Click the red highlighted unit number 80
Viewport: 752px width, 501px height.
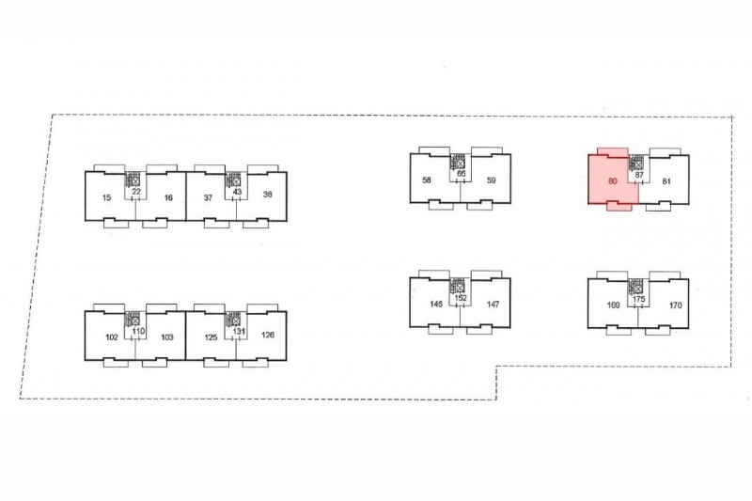tap(612, 181)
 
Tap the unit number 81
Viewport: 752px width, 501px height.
tap(666, 181)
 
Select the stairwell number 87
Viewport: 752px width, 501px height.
tap(639, 175)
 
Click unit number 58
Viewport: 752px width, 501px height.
tap(427, 180)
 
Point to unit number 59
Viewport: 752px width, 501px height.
tap(491, 180)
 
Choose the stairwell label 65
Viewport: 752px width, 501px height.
tap(461, 173)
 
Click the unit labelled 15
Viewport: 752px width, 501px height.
tap(106, 197)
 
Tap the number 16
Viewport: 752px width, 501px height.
tap(168, 197)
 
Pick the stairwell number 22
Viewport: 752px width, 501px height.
tap(136, 192)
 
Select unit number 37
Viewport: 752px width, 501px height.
tap(208, 197)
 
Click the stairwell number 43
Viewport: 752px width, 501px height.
tap(237, 192)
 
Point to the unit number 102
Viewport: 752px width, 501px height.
tap(111, 337)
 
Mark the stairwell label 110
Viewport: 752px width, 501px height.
tap(138, 331)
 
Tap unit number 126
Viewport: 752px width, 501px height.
tap(268, 335)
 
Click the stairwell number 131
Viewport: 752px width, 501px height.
tap(239, 331)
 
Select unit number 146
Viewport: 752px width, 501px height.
tap(436, 304)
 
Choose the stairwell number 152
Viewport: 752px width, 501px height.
tap(461, 298)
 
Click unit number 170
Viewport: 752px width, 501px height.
tap(675, 305)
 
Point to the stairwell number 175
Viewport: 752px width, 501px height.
tap(639, 299)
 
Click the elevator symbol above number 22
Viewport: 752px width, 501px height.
tap(135, 181)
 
